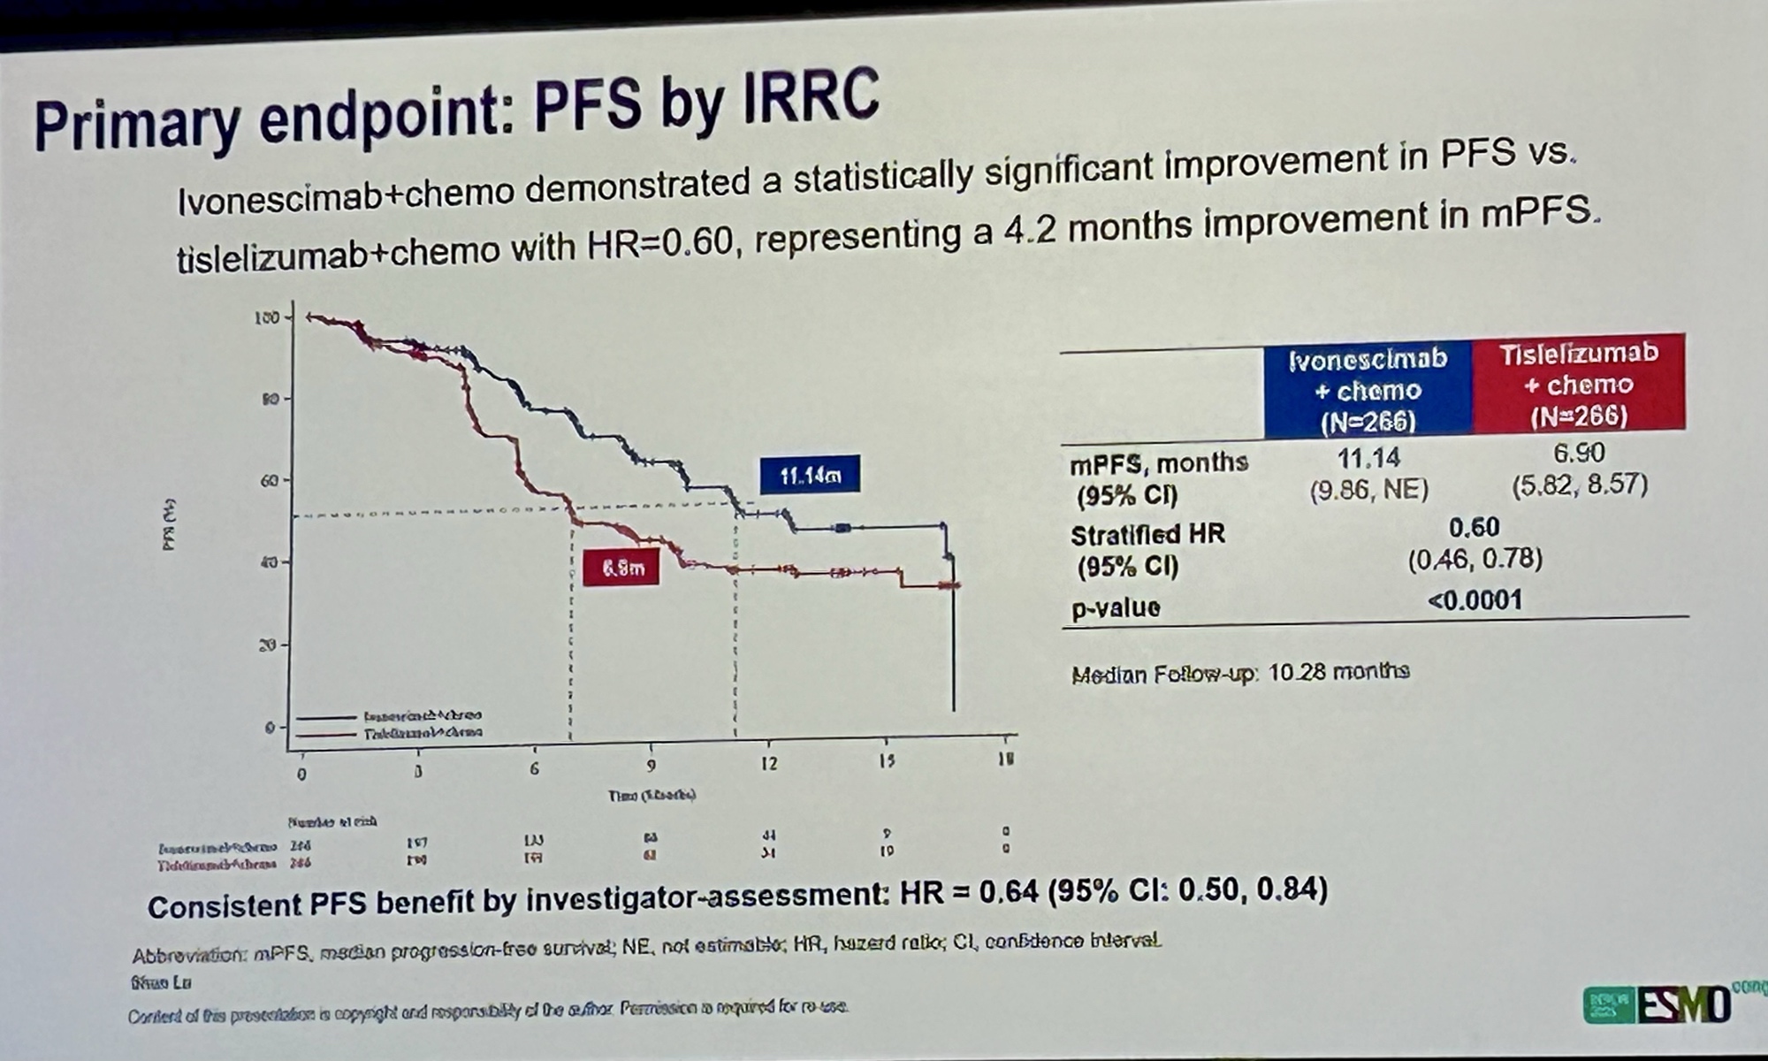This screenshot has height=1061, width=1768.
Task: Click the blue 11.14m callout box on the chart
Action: tap(809, 476)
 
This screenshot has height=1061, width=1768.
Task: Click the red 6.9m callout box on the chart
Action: tap(621, 568)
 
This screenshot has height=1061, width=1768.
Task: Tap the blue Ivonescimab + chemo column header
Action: tap(1368, 389)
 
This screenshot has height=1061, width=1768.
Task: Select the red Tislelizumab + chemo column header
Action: tap(1579, 384)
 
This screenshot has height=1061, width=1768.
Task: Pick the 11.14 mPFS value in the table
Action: tap(1368, 458)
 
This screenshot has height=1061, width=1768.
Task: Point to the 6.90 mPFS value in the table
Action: tap(1578, 453)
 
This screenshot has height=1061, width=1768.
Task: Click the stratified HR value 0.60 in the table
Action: tap(1474, 528)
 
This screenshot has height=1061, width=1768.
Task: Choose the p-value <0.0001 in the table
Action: tap(1475, 601)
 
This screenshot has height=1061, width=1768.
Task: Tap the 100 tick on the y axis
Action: tap(267, 317)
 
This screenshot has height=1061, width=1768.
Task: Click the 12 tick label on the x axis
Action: tap(768, 763)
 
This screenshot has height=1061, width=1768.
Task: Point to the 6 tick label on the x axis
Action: tap(534, 768)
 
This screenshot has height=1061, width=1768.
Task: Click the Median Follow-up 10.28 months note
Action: tap(1240, 674)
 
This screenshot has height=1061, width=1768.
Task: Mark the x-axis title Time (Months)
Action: tap(652, 796)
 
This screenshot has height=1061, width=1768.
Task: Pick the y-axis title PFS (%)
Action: tap(170, 525)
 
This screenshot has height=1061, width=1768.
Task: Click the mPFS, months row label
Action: tap(1158, 463)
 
